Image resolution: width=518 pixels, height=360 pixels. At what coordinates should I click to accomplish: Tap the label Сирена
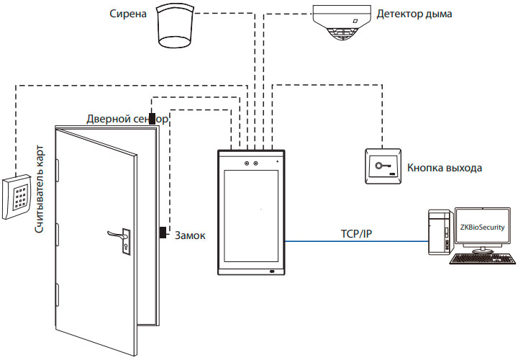click(129, 14)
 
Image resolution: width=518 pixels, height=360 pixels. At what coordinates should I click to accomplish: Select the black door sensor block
click(153, 119)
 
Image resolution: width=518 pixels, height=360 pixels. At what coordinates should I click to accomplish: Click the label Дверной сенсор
click(127, 119)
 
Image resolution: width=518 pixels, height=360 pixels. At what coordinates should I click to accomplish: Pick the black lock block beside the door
click(163, 233)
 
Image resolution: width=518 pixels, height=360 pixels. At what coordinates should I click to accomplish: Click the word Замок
click(191, 235)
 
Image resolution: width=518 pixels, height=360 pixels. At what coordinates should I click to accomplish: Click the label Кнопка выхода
click(444, 168)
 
